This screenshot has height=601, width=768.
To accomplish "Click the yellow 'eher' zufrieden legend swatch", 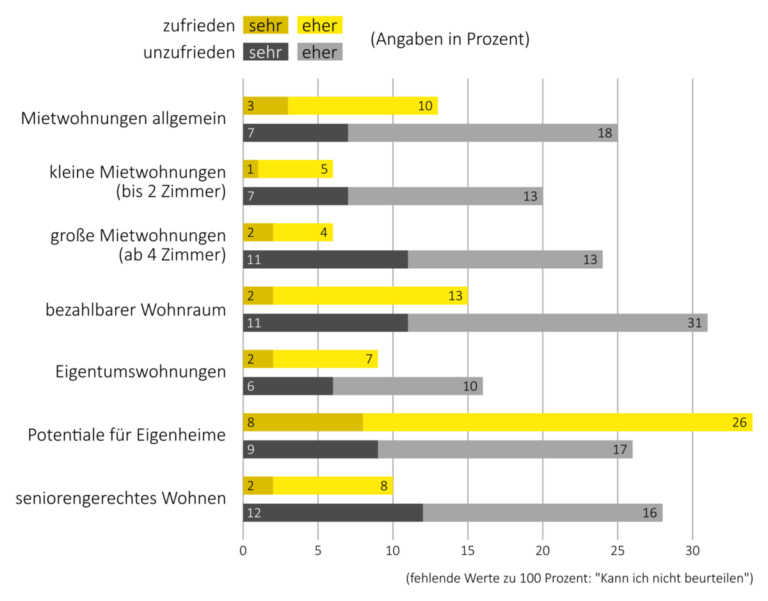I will click(x=321, y=25).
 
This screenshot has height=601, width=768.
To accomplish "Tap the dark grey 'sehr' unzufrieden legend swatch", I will click(x=266, y=52).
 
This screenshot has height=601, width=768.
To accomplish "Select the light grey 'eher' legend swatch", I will click(x=321, y=52).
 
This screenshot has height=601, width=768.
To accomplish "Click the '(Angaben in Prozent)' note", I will click(x=450, y=39).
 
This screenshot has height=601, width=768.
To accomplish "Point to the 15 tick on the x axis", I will click(x=468, y=550).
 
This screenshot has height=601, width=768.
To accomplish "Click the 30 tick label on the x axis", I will click(x=692, y=550).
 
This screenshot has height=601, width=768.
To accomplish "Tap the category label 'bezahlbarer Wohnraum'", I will click(x=136, y=310).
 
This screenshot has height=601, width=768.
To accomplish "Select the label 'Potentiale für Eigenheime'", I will click(x=127, y=435).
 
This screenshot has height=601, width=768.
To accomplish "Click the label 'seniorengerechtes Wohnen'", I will click(x=121, y=498).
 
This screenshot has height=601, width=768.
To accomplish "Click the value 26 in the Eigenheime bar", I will click(x=740, y=422).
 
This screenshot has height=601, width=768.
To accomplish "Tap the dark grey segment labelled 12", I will click(x=333, y=513).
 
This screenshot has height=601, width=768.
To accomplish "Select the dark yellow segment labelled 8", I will click(x=303, y=422).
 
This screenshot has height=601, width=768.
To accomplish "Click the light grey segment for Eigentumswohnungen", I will click(x=408, y=387).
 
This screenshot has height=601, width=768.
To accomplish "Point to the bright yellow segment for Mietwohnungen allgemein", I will click(x=362, y=106).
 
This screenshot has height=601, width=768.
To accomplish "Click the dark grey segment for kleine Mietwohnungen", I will click(x=295, y=196).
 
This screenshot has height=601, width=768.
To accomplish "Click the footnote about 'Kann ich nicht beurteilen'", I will click(x=579, y=579).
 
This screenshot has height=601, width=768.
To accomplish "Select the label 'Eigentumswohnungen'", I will click(x=141, y=373).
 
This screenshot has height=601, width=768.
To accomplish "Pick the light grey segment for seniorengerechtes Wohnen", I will click(x=543, y=513).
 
